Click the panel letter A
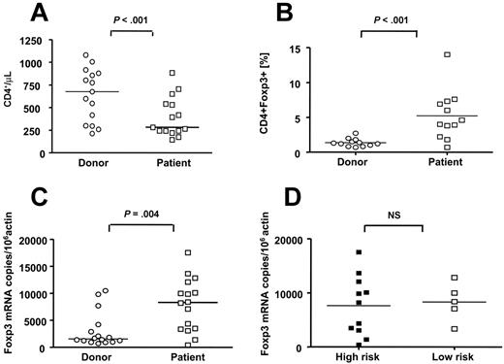pyautogui.click(x=40, y=13)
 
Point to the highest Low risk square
pyautogui.click(x=453, y=278)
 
